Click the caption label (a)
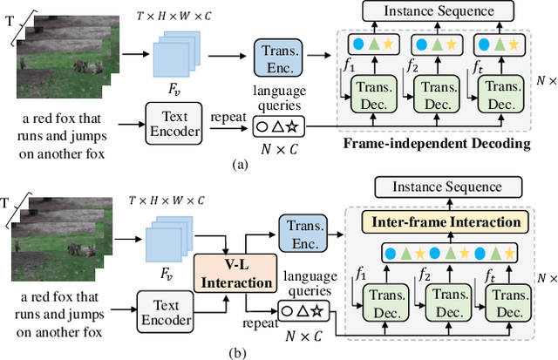pos(238,162)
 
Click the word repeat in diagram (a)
pos(225,112)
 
